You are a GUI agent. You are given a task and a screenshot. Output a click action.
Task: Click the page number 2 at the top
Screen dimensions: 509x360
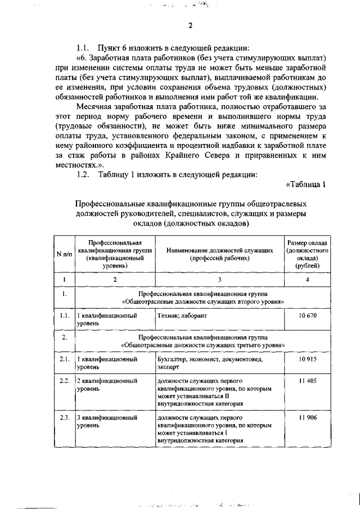(191, 25)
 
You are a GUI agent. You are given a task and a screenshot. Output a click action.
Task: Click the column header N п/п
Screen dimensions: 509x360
(65, 254)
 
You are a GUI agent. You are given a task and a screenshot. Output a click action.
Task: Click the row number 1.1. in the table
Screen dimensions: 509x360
(65, 316)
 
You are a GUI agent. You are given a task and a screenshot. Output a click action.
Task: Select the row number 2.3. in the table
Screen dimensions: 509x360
(65, 418)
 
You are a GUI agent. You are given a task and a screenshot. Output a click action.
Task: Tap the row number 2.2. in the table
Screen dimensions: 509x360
(65, 381)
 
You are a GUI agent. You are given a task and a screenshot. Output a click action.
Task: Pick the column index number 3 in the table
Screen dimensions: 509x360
(219, 279)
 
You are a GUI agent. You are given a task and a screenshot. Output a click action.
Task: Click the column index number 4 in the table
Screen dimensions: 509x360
(308, 279)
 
